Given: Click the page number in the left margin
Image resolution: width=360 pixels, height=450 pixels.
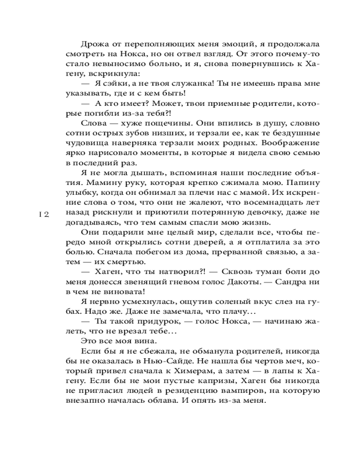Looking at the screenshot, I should click(x=44, y=215).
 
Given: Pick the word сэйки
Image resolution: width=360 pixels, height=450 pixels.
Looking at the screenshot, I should click(x=114, y=84).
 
